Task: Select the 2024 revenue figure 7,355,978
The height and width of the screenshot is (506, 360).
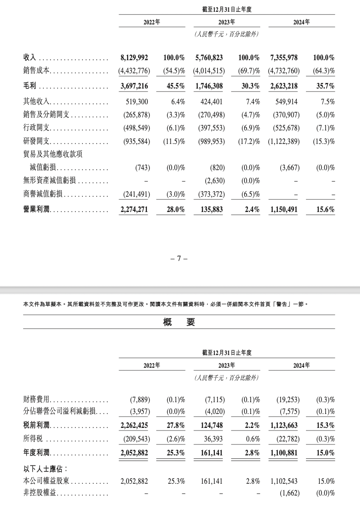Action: pos(282,58)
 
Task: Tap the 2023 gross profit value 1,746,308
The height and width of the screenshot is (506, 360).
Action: pos(208,86)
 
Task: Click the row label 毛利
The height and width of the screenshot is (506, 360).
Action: pos(29,86)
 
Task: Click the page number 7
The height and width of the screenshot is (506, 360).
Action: pos(179,258)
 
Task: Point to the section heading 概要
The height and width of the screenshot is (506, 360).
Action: pos(179,322)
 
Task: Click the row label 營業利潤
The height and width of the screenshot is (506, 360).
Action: pos(37,210)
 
